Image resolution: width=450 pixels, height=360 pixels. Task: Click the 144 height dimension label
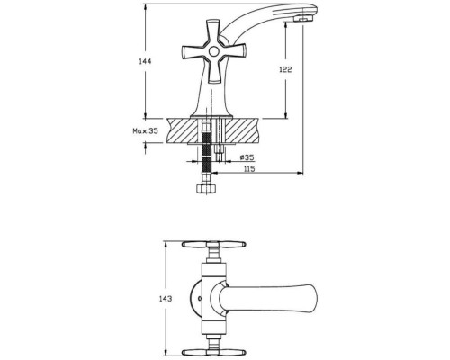[x=145, y=62]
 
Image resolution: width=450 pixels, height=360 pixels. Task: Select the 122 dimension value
[x=285, y=69]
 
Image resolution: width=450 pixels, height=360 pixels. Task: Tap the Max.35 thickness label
[x=146, y=131]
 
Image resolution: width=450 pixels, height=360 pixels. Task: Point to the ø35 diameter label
[x=247, y=157]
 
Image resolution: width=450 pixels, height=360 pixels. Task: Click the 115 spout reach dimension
[x=249, y=169]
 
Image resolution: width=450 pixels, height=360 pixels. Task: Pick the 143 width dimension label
[x=166, y=299]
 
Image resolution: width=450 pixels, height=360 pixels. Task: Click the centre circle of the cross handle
[x=214, y=52]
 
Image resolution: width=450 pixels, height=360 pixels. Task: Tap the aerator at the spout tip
[x=302, y=19]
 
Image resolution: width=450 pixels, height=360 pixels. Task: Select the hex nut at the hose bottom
[x=205, y=189]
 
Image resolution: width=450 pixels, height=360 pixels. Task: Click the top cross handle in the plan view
[x=214, y=244]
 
